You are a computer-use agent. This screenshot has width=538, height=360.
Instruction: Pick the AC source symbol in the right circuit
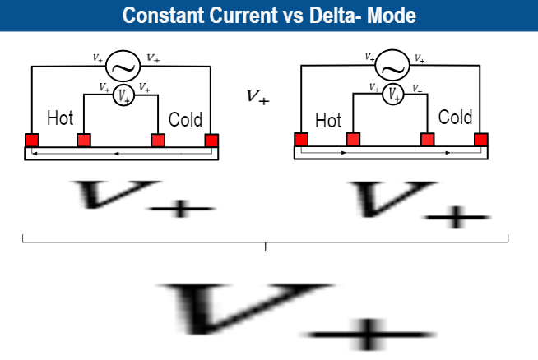[x=393, y=63]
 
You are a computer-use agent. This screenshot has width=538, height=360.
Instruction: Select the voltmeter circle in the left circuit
[x=123, y=95]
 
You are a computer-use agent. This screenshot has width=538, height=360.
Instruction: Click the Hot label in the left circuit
[x=60, y=118]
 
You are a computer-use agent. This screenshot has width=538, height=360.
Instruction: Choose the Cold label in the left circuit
[x=185, y=120]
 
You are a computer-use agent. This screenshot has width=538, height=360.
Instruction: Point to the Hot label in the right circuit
[x=328, y=121]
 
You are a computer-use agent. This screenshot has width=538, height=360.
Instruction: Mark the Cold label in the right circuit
[x=455, y=118]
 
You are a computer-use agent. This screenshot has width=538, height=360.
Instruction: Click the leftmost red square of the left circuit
[x=32, y=140]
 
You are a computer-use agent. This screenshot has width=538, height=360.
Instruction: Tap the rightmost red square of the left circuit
[x=211, y=140]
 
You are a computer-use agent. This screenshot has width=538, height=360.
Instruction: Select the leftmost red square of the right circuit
[x=302, y=139]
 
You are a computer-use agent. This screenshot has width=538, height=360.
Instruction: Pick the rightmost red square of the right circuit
[x=481, y=139]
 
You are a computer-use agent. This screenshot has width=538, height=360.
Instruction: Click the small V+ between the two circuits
[x=257, y=97]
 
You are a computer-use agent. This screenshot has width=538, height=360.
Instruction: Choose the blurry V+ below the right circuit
[x=420, y=201]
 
